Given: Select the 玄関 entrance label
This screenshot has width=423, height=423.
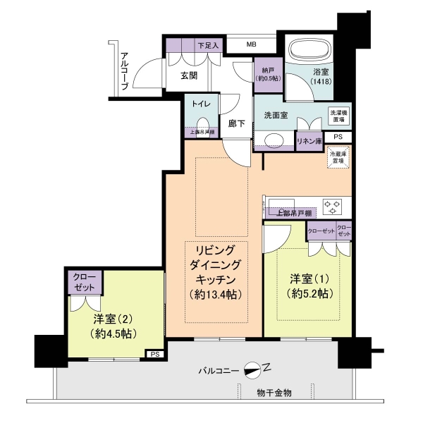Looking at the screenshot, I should pyautogui.click(x=188, y=76).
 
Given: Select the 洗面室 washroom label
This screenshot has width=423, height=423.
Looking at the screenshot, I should pyautogui.click(x=276, y=115).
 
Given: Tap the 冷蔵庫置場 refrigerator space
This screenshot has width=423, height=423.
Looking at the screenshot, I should pyautogui.click(x=338, y=157).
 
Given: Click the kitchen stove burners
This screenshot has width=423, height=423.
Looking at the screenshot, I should pyautogui.click(x=333, y=206).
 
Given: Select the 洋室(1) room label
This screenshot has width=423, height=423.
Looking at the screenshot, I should pyautogui.click(x=307, y=277).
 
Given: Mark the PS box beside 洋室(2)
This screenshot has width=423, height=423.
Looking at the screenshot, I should pyautogui.click(x=154, y=354).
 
